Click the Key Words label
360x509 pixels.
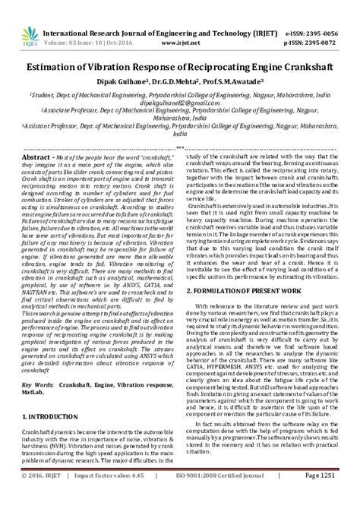click(39, 407)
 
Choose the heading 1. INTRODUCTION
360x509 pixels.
click(52, 438)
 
